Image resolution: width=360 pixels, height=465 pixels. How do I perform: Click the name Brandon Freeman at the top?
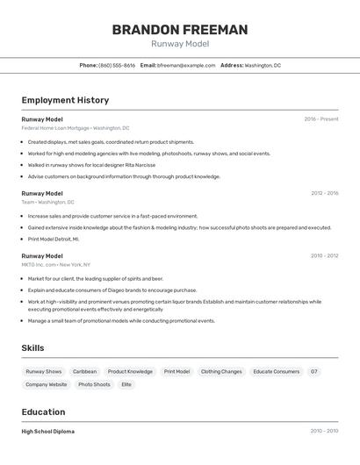tap(180, 30)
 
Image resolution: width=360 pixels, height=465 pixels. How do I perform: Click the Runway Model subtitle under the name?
tap(180, 44)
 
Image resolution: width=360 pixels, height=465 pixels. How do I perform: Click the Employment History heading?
tap(65, 100)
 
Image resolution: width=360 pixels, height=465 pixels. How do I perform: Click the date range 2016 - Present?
tap(321, 119)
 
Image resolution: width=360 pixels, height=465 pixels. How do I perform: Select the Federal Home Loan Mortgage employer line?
tap(76, 128)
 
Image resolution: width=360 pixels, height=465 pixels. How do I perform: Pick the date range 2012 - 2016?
tap(324, 193)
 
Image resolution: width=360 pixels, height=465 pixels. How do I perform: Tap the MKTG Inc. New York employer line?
tap(57, 264)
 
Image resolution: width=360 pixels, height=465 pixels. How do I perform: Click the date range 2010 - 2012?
tap(324, 256)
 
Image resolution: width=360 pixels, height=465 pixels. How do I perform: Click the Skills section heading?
tap(32, 348)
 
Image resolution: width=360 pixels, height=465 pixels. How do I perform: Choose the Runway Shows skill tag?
tap(44, 371)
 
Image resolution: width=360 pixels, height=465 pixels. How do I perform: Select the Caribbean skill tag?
tap(84, 371)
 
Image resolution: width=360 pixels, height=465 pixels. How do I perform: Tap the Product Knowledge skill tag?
tap(130, 371)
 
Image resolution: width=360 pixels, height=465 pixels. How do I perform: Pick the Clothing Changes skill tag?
tap(221, 371)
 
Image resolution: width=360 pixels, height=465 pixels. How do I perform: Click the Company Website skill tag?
tap(47, 384)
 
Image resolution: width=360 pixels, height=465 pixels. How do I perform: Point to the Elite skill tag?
tap(126, 384)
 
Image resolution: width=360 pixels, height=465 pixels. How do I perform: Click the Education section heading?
tap(43, 411)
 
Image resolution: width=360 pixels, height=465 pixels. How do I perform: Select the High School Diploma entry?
tap(48, 432)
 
